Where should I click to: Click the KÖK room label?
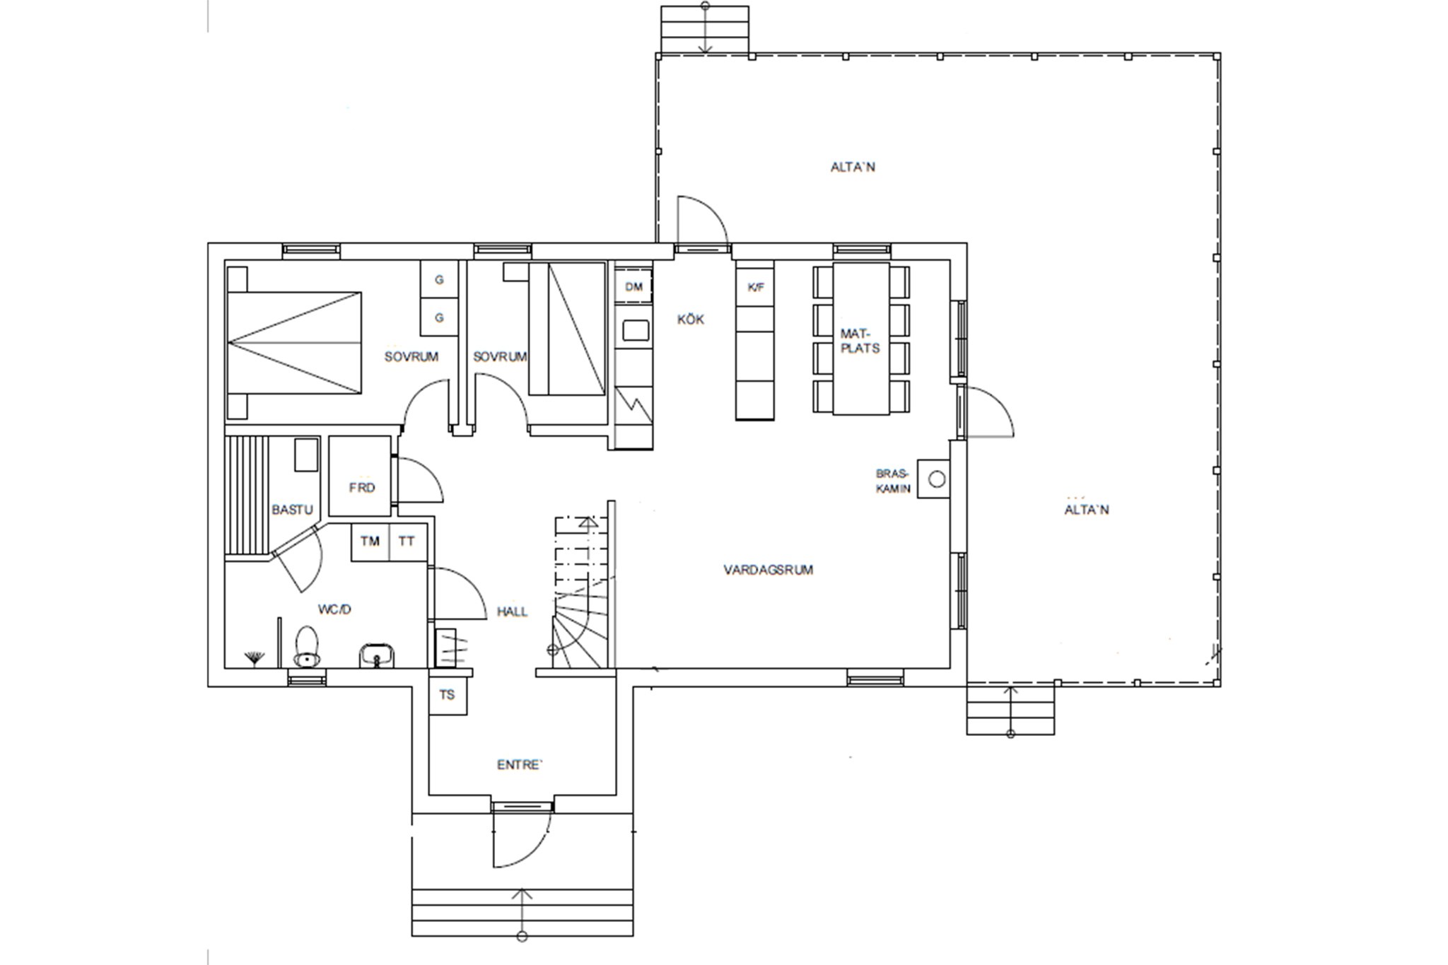[691, 320]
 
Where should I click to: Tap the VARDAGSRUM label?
[768, 569]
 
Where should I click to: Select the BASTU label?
[292, 510]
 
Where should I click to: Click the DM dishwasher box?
[633, 286]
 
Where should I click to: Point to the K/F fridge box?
[755, 287]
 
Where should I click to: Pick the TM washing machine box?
[370, 542]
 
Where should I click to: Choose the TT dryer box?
[408, 542]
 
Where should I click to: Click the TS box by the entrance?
[448, 695]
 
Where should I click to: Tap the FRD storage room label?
[361, 488]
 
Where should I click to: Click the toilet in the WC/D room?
[306, 646]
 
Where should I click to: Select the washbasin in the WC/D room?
[377, 655]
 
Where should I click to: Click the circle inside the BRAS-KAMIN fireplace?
[937, 480]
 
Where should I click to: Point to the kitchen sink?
[635, 330]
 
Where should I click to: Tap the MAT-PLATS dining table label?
[860, 341]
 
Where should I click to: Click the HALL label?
[512, 612]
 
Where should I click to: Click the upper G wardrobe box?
[439, 279]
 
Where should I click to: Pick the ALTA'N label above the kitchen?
[853, 167]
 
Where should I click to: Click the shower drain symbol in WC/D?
[254, 659]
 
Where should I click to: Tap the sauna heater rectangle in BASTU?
[306, 455]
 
